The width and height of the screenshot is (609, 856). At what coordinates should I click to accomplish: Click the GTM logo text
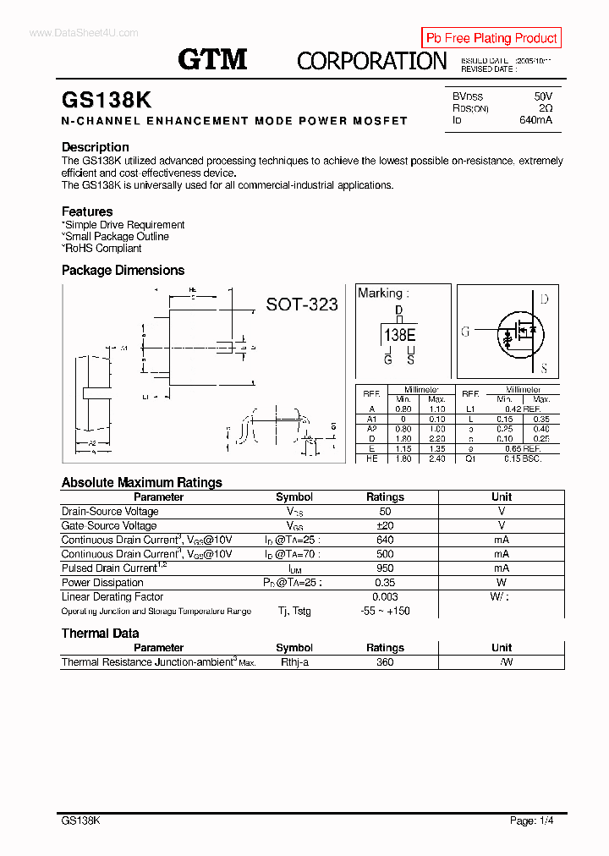(212, 58)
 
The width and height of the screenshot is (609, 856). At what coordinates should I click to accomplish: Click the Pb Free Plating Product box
(491, 38)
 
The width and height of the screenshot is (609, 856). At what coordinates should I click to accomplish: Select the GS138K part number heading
(107, 100)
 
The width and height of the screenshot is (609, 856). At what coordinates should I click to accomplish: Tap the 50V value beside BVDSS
(542, 96)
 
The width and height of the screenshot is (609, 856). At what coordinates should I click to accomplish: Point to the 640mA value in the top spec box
(535, 120)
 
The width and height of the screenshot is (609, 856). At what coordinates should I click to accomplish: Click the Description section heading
(95, 147)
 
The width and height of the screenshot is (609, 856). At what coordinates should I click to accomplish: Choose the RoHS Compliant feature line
(101, 249)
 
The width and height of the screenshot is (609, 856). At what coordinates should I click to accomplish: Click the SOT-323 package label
(302, 305)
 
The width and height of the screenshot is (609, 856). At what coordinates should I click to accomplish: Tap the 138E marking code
(399, 335)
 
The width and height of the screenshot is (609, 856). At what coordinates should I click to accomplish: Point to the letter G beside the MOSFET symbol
(465, 332)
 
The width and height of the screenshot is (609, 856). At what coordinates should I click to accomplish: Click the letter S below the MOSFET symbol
(544, 368)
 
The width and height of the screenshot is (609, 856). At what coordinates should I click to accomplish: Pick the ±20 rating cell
(385, 525)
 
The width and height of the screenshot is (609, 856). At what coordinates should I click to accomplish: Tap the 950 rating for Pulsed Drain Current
(385, 568)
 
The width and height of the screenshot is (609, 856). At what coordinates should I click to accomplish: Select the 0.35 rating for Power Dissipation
(385, 583)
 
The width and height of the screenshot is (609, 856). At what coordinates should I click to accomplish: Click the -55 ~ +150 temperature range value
(385, 611)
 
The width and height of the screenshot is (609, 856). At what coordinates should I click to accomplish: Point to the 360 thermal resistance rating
(385, 662)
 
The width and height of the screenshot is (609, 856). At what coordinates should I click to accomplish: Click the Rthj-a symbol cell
(294, 662)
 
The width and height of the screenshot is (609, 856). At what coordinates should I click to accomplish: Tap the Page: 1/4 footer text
(532, 820)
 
